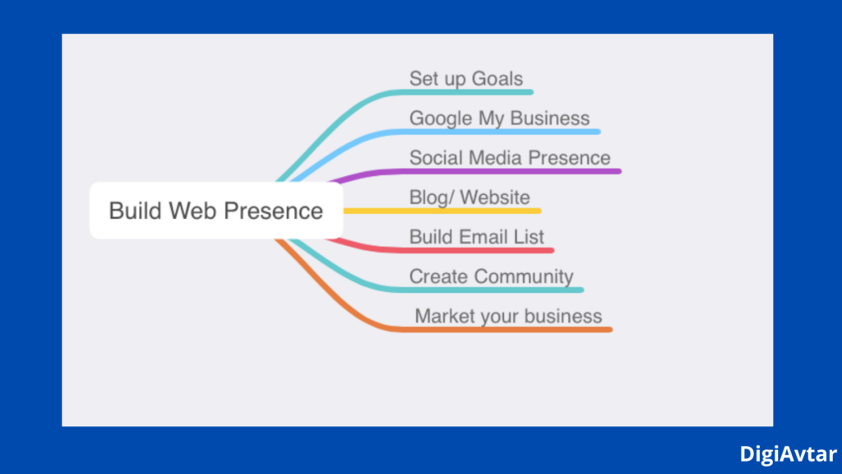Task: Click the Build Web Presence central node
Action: [x=215, y=211]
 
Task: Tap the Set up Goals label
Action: [x=465, y=79]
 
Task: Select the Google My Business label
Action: [x=499, y=118]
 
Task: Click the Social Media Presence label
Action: [x=510, y=157]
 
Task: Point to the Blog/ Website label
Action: [x=470, y=197]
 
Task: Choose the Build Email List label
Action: [x=477, y=237]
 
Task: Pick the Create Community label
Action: [x=491, y=276]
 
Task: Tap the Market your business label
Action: [x=508, y=316]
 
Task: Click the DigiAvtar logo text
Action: [x=788, y=453]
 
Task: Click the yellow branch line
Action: [x=444, y=211]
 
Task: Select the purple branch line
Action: [x=493, y=171]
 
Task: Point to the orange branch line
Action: [x=510, y=329]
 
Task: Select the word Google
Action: [x=441, y=118]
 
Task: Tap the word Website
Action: [x=495, y=197]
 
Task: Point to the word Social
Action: [x=436, y=157]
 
